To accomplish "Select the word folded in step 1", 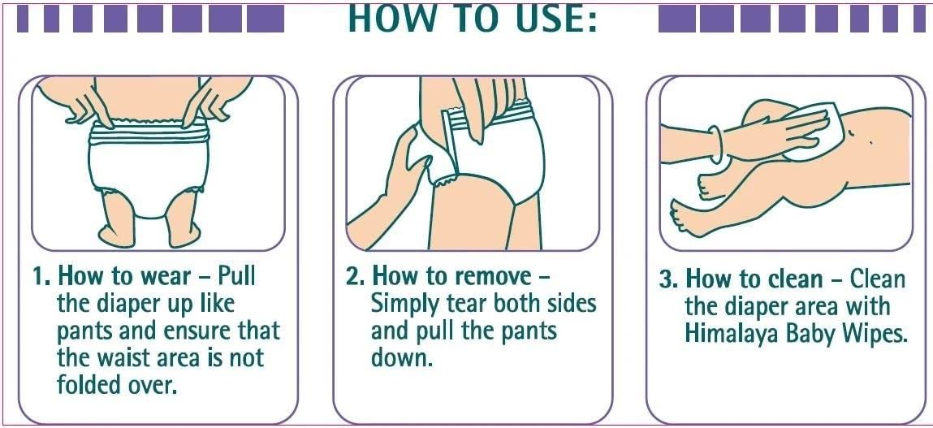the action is pos(90,384).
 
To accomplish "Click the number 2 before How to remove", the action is pos(352,278).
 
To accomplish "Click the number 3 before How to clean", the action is pos(667,279).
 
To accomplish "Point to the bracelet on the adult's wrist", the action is pos(716,145).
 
